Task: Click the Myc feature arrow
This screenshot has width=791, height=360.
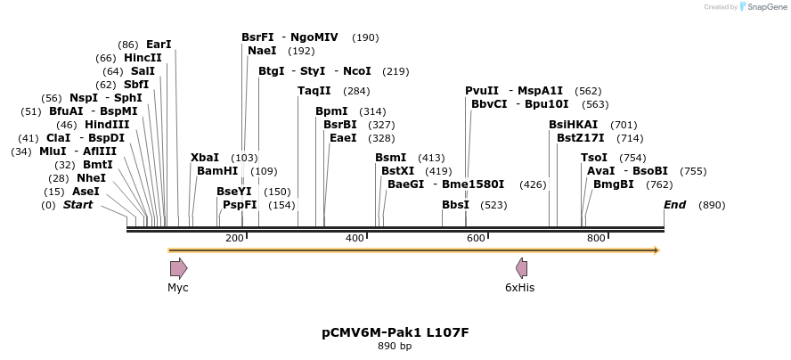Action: click(178, 268)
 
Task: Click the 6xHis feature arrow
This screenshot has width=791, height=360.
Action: click(521, 268)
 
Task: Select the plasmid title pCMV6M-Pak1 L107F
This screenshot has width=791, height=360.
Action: click(395, 333)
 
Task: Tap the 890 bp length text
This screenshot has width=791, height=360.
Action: click(395, 347)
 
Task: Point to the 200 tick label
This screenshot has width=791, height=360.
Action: click(234, 238)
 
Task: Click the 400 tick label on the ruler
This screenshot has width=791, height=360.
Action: click(355, 238)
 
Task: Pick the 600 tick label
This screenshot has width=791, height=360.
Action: click(476, 238)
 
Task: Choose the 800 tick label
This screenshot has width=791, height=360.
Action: click(596, 238)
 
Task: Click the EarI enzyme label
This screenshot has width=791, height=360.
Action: click(159, 44)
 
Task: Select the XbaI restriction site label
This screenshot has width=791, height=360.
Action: click(204, 157)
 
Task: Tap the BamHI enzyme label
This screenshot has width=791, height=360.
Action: click(217, 170)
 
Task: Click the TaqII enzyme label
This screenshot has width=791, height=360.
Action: click(314, 90)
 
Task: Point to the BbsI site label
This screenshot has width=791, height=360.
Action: click(455, 204)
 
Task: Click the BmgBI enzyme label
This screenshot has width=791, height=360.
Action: click(613, 184)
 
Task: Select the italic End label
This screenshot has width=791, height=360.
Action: click(675, 204)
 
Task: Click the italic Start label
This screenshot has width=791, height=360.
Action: click(77, 204)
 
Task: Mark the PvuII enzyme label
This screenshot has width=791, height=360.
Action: click(482, 90)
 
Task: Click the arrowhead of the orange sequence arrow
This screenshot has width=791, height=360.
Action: click(656, 250)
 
